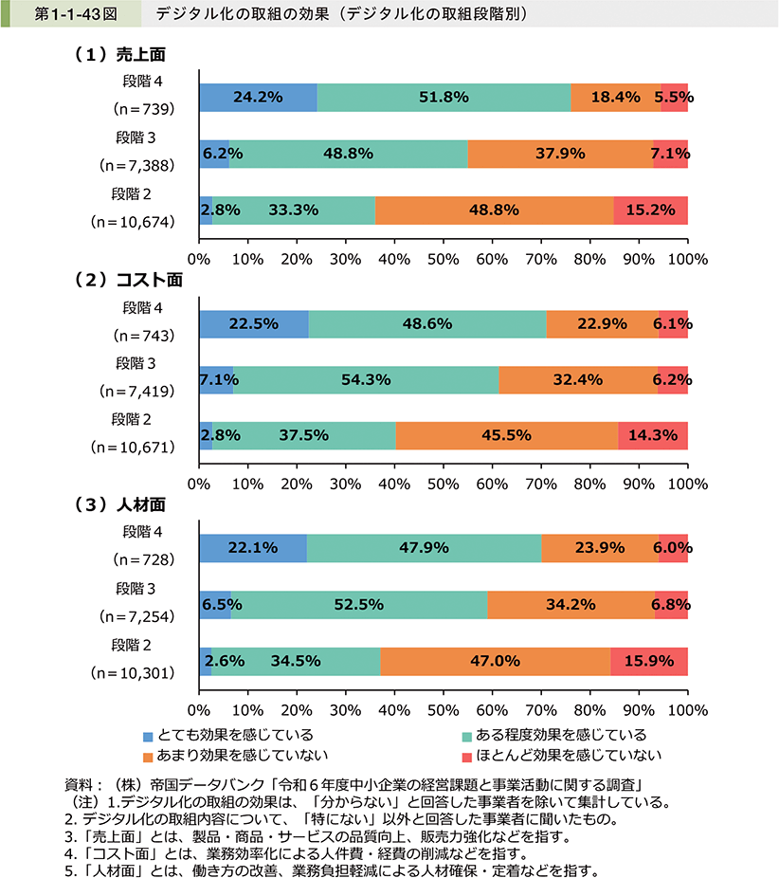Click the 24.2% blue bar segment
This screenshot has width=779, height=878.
(258, 98)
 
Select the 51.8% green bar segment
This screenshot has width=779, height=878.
(444, 98)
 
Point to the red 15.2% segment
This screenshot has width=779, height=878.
(650, 210)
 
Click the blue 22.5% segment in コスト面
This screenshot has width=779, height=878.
(253, 324)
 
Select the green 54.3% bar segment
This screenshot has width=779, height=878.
(366, 380)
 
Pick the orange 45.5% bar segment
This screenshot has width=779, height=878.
(506, 436)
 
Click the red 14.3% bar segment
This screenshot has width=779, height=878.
(652, 436)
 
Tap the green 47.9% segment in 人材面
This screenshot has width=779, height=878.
(424, 549)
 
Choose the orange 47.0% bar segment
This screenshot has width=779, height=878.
(495, 662)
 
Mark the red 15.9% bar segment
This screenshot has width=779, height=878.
(648, 662)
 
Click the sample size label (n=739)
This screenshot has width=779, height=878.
(143, 109)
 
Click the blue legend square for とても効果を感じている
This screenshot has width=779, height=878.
(148, 736)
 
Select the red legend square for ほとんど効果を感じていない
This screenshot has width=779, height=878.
(466, 756)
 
